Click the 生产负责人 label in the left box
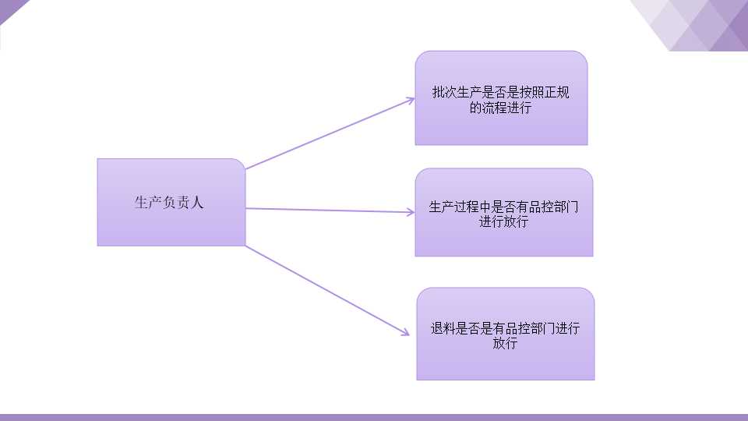click(169, 203)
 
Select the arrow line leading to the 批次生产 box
click(330, 133)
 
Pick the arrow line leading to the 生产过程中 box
click(330, 210)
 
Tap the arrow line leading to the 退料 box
click(327, 291)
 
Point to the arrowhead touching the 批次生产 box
click(410, 101)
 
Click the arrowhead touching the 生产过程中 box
click(410, 212)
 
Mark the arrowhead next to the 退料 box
click(405, 332)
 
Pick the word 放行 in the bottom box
click(505, 343)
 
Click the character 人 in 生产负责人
click(197, 203)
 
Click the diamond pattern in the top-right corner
click(692, 25)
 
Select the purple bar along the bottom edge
click(374, 417)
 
